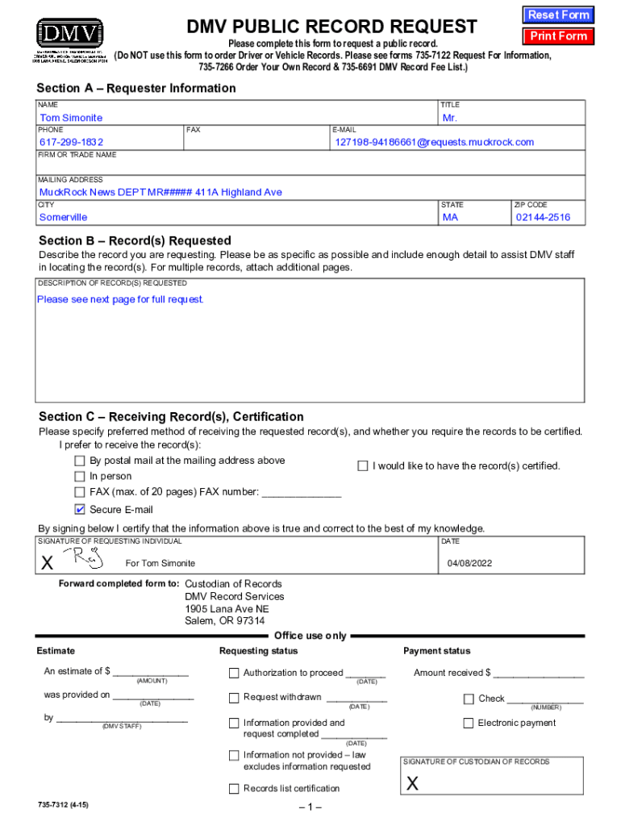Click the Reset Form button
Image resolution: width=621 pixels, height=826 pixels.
pyautogui.click(x=558, y=15)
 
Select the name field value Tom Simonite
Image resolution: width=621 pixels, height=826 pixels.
pyautogui.click(x=72, y=118)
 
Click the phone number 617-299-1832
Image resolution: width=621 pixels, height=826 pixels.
pyautogui.click(x=72, y=142)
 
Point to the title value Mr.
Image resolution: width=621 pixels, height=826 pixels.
pyautogui.click(x=450, y=118)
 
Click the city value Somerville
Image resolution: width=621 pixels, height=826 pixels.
pyautogui.click(x=64, y=217)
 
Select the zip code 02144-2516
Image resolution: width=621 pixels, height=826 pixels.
pyautogui.click(x=543, y=217)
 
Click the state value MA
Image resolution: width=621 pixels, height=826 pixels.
pyautogui.click(x=450, y=217)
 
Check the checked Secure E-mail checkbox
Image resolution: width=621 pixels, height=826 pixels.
pyautogui.click(x=79, y=510)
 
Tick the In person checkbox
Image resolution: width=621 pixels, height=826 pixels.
pyautogui.click(x=79, y=477)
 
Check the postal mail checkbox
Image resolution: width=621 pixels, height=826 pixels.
pyautogui.click(x=79, y=461)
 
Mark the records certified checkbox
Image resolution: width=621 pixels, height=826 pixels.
pyautogui.click(x=363, y=466)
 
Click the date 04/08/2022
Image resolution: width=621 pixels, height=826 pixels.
pyautogui.click(x=470, y=562)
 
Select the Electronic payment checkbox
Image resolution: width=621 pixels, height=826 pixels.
pyautogui.click(x=469, y=724)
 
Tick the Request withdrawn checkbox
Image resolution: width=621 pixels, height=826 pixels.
pyautogui.click(x=234, y=698)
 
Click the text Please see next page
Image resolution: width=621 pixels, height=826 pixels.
pyautogui.click(x=120, y=299)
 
